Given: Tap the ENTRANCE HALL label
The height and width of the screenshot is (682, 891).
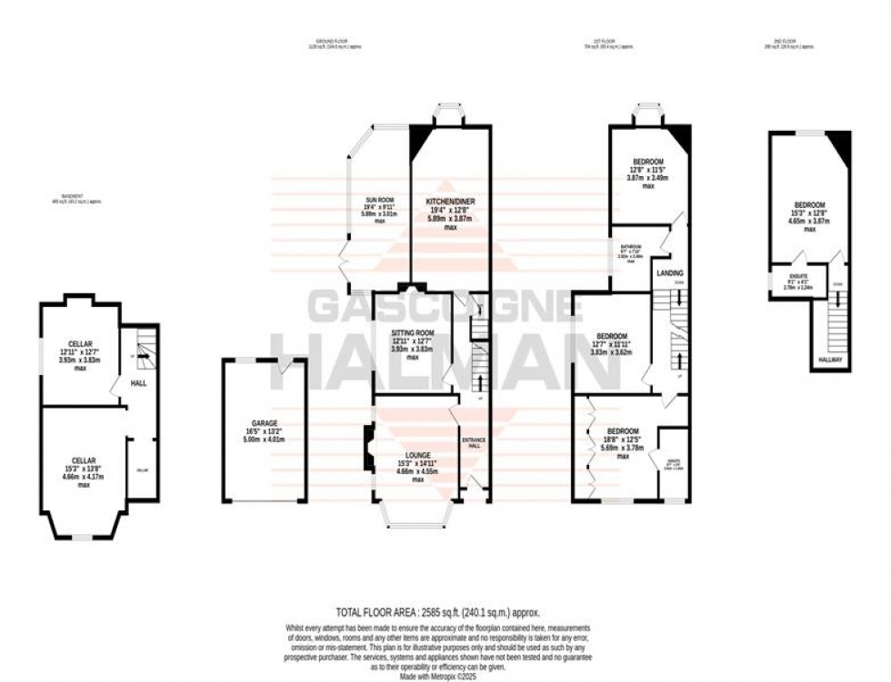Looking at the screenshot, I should (x=475, y=442).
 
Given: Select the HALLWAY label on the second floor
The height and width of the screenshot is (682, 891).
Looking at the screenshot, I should (x=831, y=361).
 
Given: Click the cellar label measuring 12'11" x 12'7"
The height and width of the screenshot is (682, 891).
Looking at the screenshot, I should (x=80, y=344).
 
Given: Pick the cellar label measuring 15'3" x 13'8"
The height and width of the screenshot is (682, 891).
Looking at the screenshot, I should (x=83, y=460).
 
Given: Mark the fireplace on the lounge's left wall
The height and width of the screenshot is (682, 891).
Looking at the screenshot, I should (x=367, y=449).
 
